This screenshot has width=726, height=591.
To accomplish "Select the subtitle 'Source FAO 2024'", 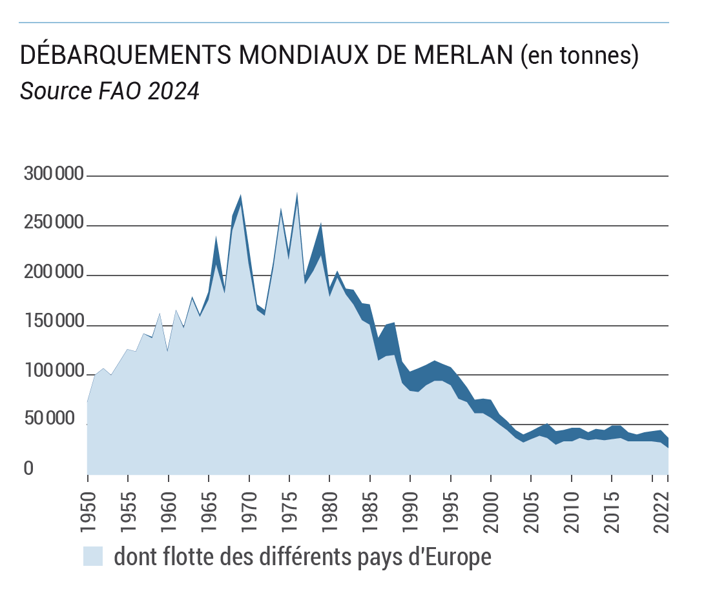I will pos(109,91).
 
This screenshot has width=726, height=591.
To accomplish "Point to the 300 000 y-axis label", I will pos(54,174).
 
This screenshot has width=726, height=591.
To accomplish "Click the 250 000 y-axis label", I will pos(54,224).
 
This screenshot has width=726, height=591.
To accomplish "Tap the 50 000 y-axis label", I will pos(58,420).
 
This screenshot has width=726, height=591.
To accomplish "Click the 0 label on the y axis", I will pos(28,469).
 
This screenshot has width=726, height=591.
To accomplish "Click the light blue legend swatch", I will pos(93,556).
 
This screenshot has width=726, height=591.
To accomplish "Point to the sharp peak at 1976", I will pos(296,193).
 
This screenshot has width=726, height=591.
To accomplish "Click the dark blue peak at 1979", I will pos(320,226).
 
